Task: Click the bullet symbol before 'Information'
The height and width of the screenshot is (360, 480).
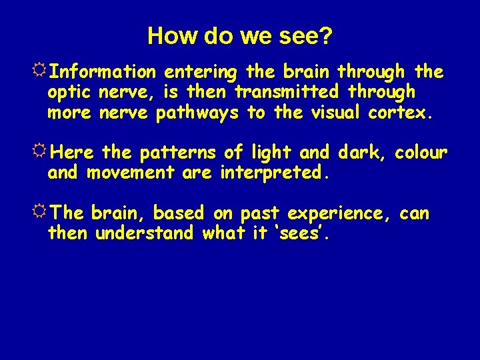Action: click(41, 70)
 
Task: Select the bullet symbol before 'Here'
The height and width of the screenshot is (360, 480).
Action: click(41, 152)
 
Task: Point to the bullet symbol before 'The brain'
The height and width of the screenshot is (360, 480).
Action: click(41, 213)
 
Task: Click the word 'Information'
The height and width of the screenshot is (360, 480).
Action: click(103, 71)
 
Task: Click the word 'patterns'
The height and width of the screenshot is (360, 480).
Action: click(177, 153)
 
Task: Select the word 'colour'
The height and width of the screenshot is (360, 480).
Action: click(421, 153)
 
